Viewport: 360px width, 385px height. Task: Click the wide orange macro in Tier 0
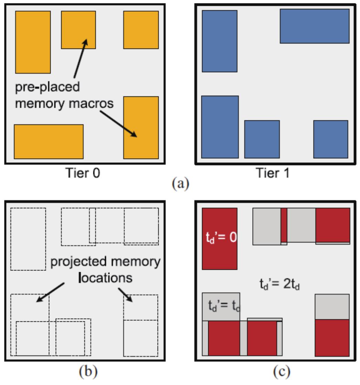[x=49, y=141]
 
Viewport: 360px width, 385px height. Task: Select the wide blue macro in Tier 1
[x=315, y=26]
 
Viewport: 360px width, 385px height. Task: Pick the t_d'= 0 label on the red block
[x=219, y=238]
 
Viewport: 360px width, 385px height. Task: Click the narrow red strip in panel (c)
[x=284, y=225]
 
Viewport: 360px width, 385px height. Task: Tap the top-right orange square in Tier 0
[x=141, y=30]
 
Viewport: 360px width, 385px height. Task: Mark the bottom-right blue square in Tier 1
[x=330, y=139]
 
